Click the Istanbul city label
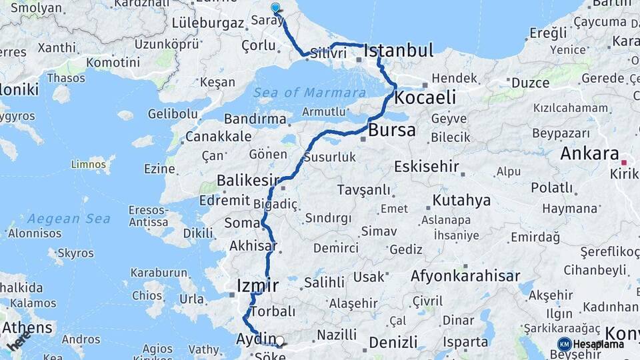click(399, 51)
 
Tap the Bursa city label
click(391, 130)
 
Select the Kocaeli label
click(425, 98)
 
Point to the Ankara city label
click(589, 154)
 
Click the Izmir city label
click(257, 287)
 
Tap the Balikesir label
click(247, 181)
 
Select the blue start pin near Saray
click(275, 8)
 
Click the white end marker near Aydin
click(279, 341)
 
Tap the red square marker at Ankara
click(625, 162)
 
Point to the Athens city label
click(27, 328)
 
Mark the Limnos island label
click(89, 163)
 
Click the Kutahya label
click(461, 200)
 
